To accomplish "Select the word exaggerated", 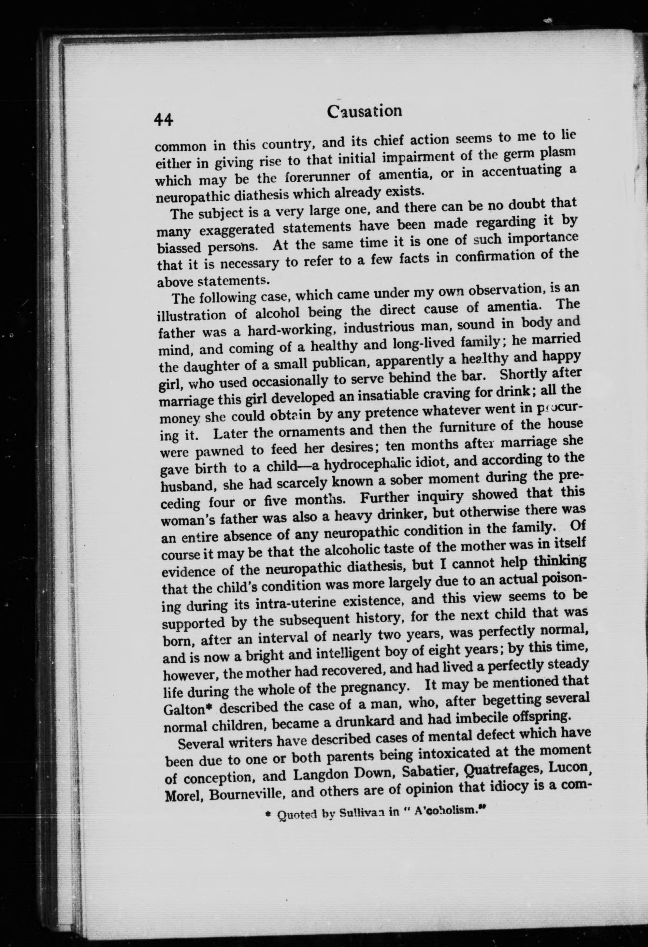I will (237, 229).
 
